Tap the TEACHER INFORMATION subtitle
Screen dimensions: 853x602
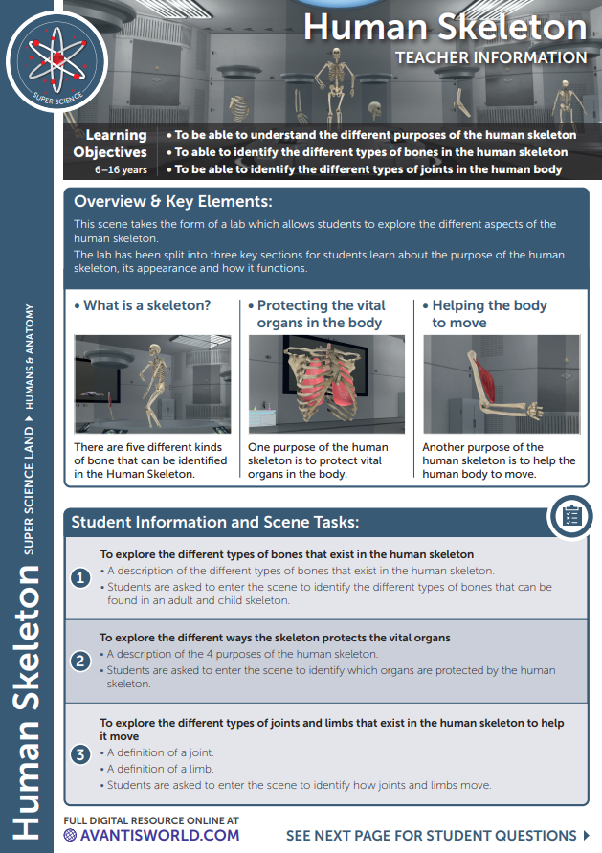[x=491, y=57]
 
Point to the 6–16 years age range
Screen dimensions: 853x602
[x=121, y=169]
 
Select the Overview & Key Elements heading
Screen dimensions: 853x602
[x=173, y=202]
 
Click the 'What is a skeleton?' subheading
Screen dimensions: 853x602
[x=143, y=306]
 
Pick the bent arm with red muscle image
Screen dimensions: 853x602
[x=501, y=384]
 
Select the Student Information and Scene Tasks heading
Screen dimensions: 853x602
[x=215, y=523]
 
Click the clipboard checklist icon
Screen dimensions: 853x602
[x=570, y=517]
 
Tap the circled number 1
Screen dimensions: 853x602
[x=81, y=577]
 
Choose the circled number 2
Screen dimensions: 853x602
[x=81, y=661]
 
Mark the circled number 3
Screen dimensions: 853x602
[x=81, y=754]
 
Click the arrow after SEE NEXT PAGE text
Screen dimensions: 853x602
[x=586, y=835]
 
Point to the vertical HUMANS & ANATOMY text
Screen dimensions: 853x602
[x=31, y=357]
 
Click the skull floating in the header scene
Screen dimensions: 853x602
[x=375, y=109]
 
